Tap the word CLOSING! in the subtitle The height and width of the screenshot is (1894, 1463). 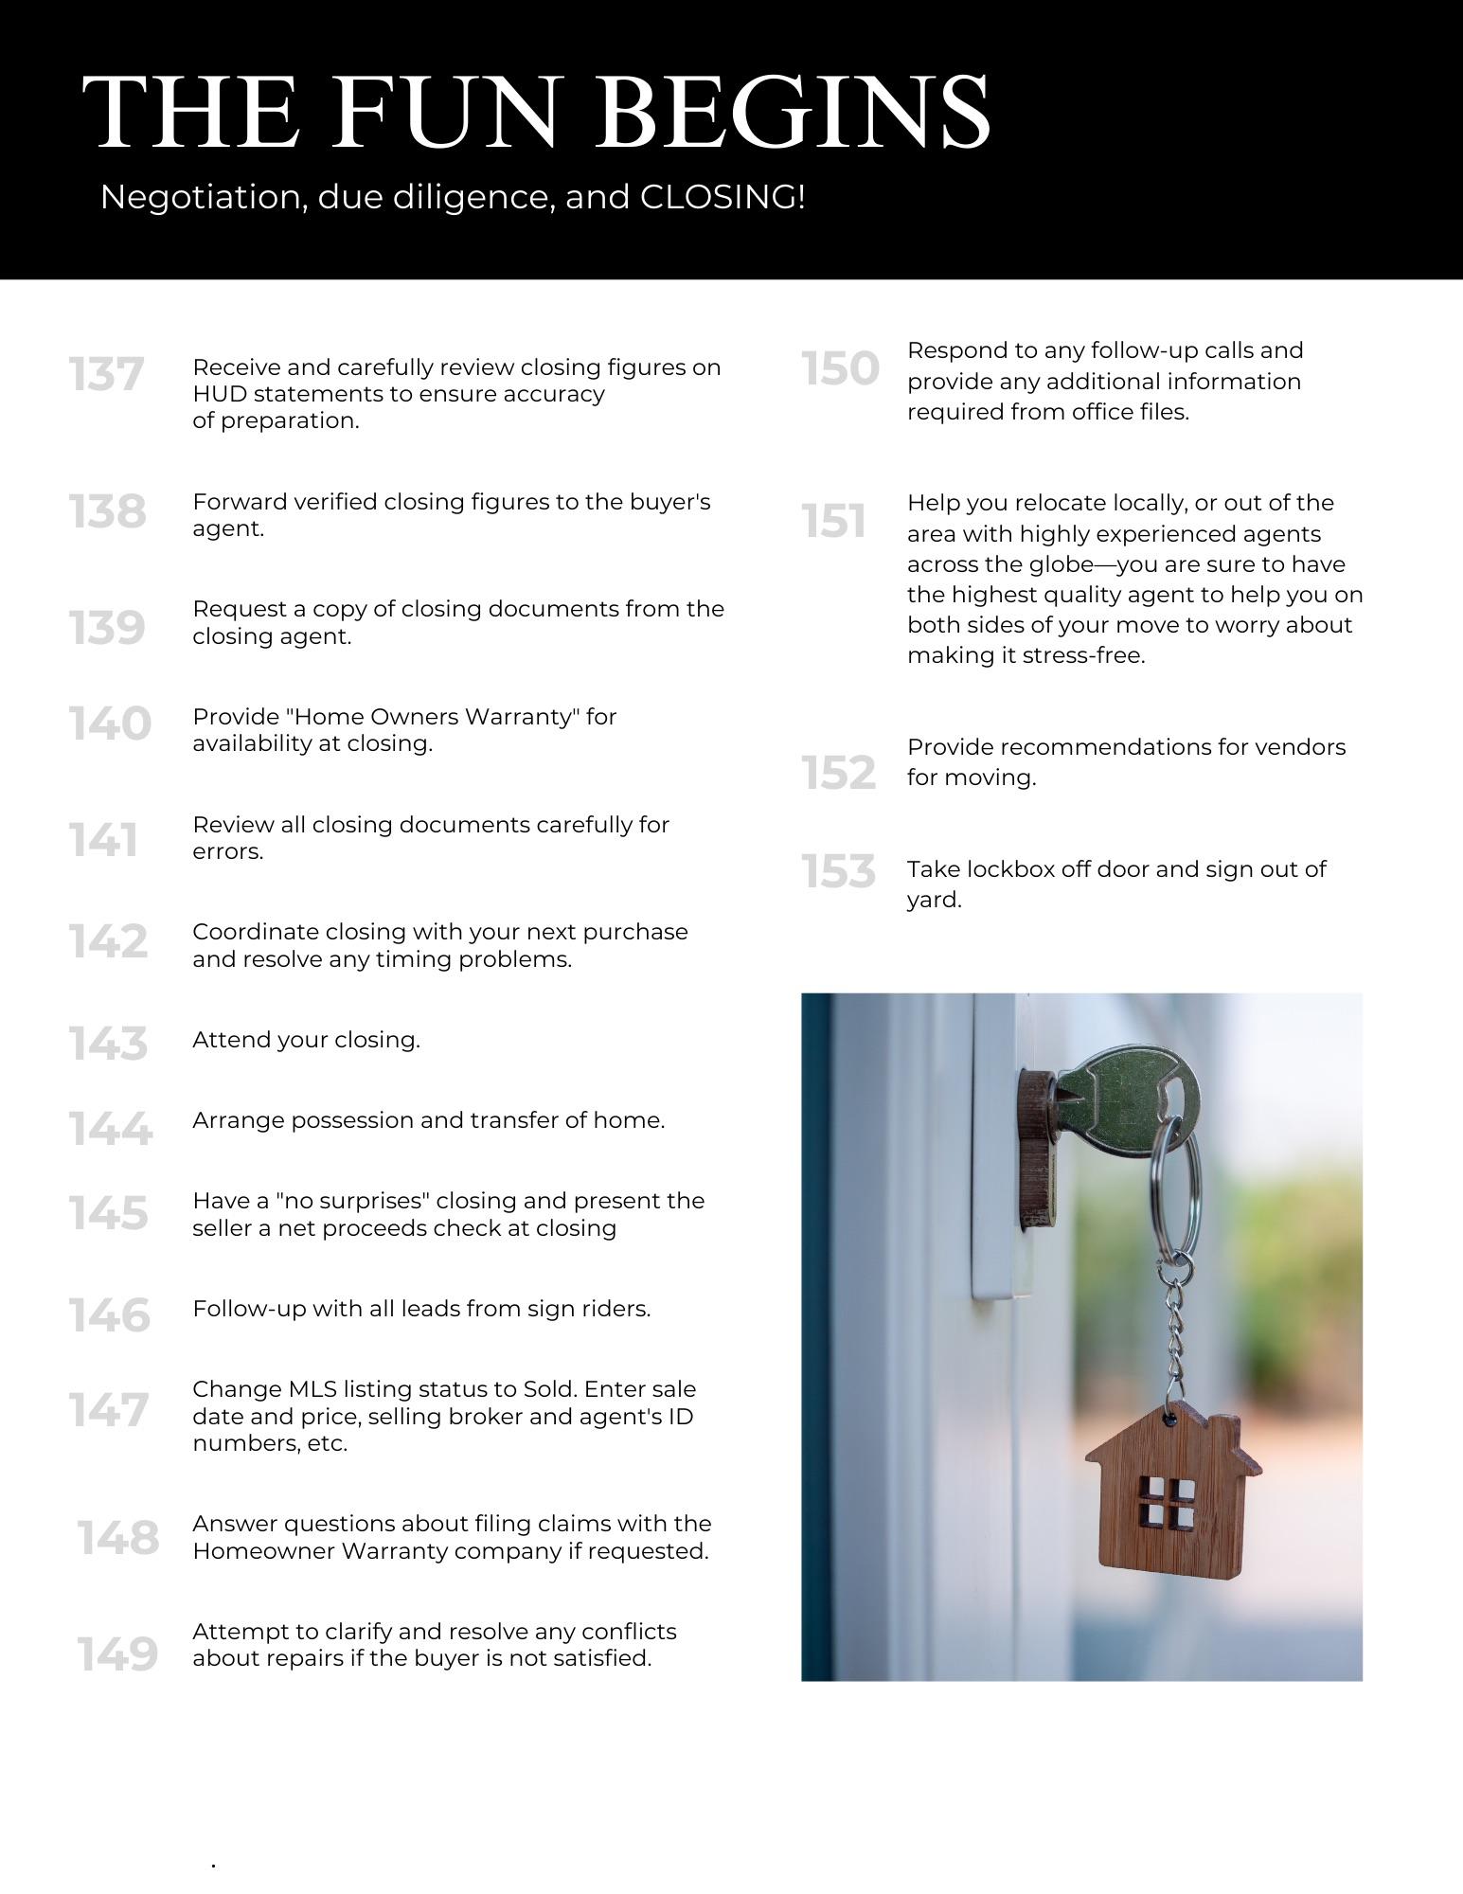(723, 197)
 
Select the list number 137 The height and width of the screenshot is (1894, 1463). (106, 375)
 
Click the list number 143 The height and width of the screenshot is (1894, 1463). (108, 1044)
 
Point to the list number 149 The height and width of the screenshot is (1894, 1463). (117, 1654)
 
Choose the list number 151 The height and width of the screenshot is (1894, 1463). (833, 522)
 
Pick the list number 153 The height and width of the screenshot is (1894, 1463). (838, 871)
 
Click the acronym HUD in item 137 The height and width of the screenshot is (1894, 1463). (220, 394)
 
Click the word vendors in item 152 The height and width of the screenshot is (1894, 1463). (1300, 747)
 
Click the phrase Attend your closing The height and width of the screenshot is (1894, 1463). (306, 1040)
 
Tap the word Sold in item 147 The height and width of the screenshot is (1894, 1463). (547, 1389)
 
